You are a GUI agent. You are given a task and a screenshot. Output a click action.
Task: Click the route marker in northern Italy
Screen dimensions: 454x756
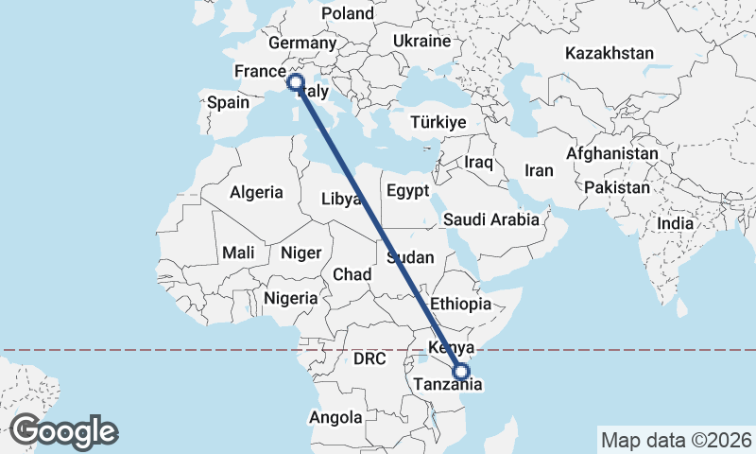(295, 82)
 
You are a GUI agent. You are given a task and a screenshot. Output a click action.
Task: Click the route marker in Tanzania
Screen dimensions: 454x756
(461, 373)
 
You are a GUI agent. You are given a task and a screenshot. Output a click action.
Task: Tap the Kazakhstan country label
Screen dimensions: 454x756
(610, 53)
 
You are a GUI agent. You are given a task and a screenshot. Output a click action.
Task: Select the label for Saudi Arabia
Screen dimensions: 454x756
(490, 219)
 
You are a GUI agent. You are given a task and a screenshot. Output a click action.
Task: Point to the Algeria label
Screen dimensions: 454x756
(256, 192)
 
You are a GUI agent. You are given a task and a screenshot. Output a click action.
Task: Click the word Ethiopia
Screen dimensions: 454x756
(460, 304)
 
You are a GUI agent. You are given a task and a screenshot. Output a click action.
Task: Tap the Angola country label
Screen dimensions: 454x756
(335, 417)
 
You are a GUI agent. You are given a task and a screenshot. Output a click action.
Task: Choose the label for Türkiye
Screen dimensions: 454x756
(439, 123)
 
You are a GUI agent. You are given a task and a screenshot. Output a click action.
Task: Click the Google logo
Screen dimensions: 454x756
(64, 431)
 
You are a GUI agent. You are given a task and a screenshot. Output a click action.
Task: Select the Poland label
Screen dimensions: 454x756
(348, 13)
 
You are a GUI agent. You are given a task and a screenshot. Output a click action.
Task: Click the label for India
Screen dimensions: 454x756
(676, 224)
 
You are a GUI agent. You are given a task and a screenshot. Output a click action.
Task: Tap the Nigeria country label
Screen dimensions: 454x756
(292, 298)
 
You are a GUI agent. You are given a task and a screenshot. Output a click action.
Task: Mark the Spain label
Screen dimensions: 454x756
(228, 103)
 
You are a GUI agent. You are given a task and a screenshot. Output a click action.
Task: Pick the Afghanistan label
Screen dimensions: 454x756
(612, 153)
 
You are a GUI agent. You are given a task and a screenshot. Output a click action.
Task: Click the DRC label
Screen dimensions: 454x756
(370, 359)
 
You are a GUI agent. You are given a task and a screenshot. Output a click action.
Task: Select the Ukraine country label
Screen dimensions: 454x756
(421, 42)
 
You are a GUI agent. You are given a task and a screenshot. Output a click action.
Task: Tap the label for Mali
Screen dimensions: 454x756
(237, 253)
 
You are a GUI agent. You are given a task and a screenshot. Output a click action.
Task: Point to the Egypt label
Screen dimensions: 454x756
(408, 191)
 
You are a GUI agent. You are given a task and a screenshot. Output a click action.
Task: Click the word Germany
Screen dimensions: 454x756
(302, 43)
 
